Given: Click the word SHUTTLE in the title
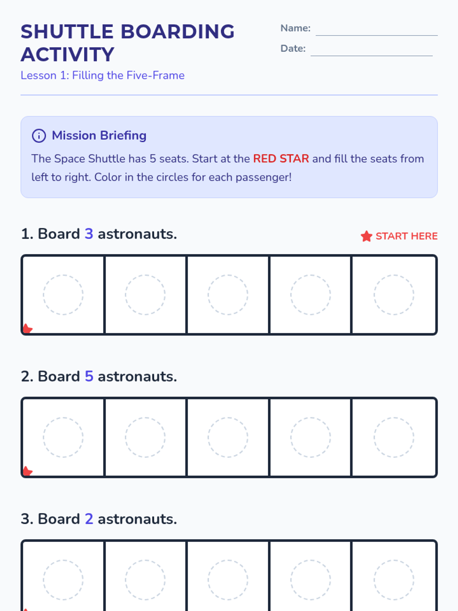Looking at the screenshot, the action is (67, 31).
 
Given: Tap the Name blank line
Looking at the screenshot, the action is (377, 36).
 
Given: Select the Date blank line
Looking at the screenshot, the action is (371, 56).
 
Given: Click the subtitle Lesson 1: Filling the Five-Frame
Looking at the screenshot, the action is (103, 76).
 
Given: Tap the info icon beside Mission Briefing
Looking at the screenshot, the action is (39, 136).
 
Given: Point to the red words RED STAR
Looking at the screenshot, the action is (281, 158).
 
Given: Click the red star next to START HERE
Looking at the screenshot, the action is (366, 236).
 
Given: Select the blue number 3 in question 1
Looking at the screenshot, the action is (89, 234).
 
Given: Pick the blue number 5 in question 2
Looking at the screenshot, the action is (89, 377).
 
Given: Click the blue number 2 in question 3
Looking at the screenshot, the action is (89, 519).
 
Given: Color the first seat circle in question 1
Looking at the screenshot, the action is (63, 295).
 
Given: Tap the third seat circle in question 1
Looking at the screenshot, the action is (228, 295).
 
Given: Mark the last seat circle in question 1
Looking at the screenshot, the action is (394, 295).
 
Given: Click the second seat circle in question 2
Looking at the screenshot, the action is (145, 437).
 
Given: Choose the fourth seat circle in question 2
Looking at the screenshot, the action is (311, 437).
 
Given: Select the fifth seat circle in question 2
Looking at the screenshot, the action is (394, 437).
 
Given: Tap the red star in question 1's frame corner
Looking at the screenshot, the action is (27, 328).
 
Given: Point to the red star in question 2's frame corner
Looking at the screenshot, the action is (27, 471).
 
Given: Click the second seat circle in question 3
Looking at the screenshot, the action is (145, 580).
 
